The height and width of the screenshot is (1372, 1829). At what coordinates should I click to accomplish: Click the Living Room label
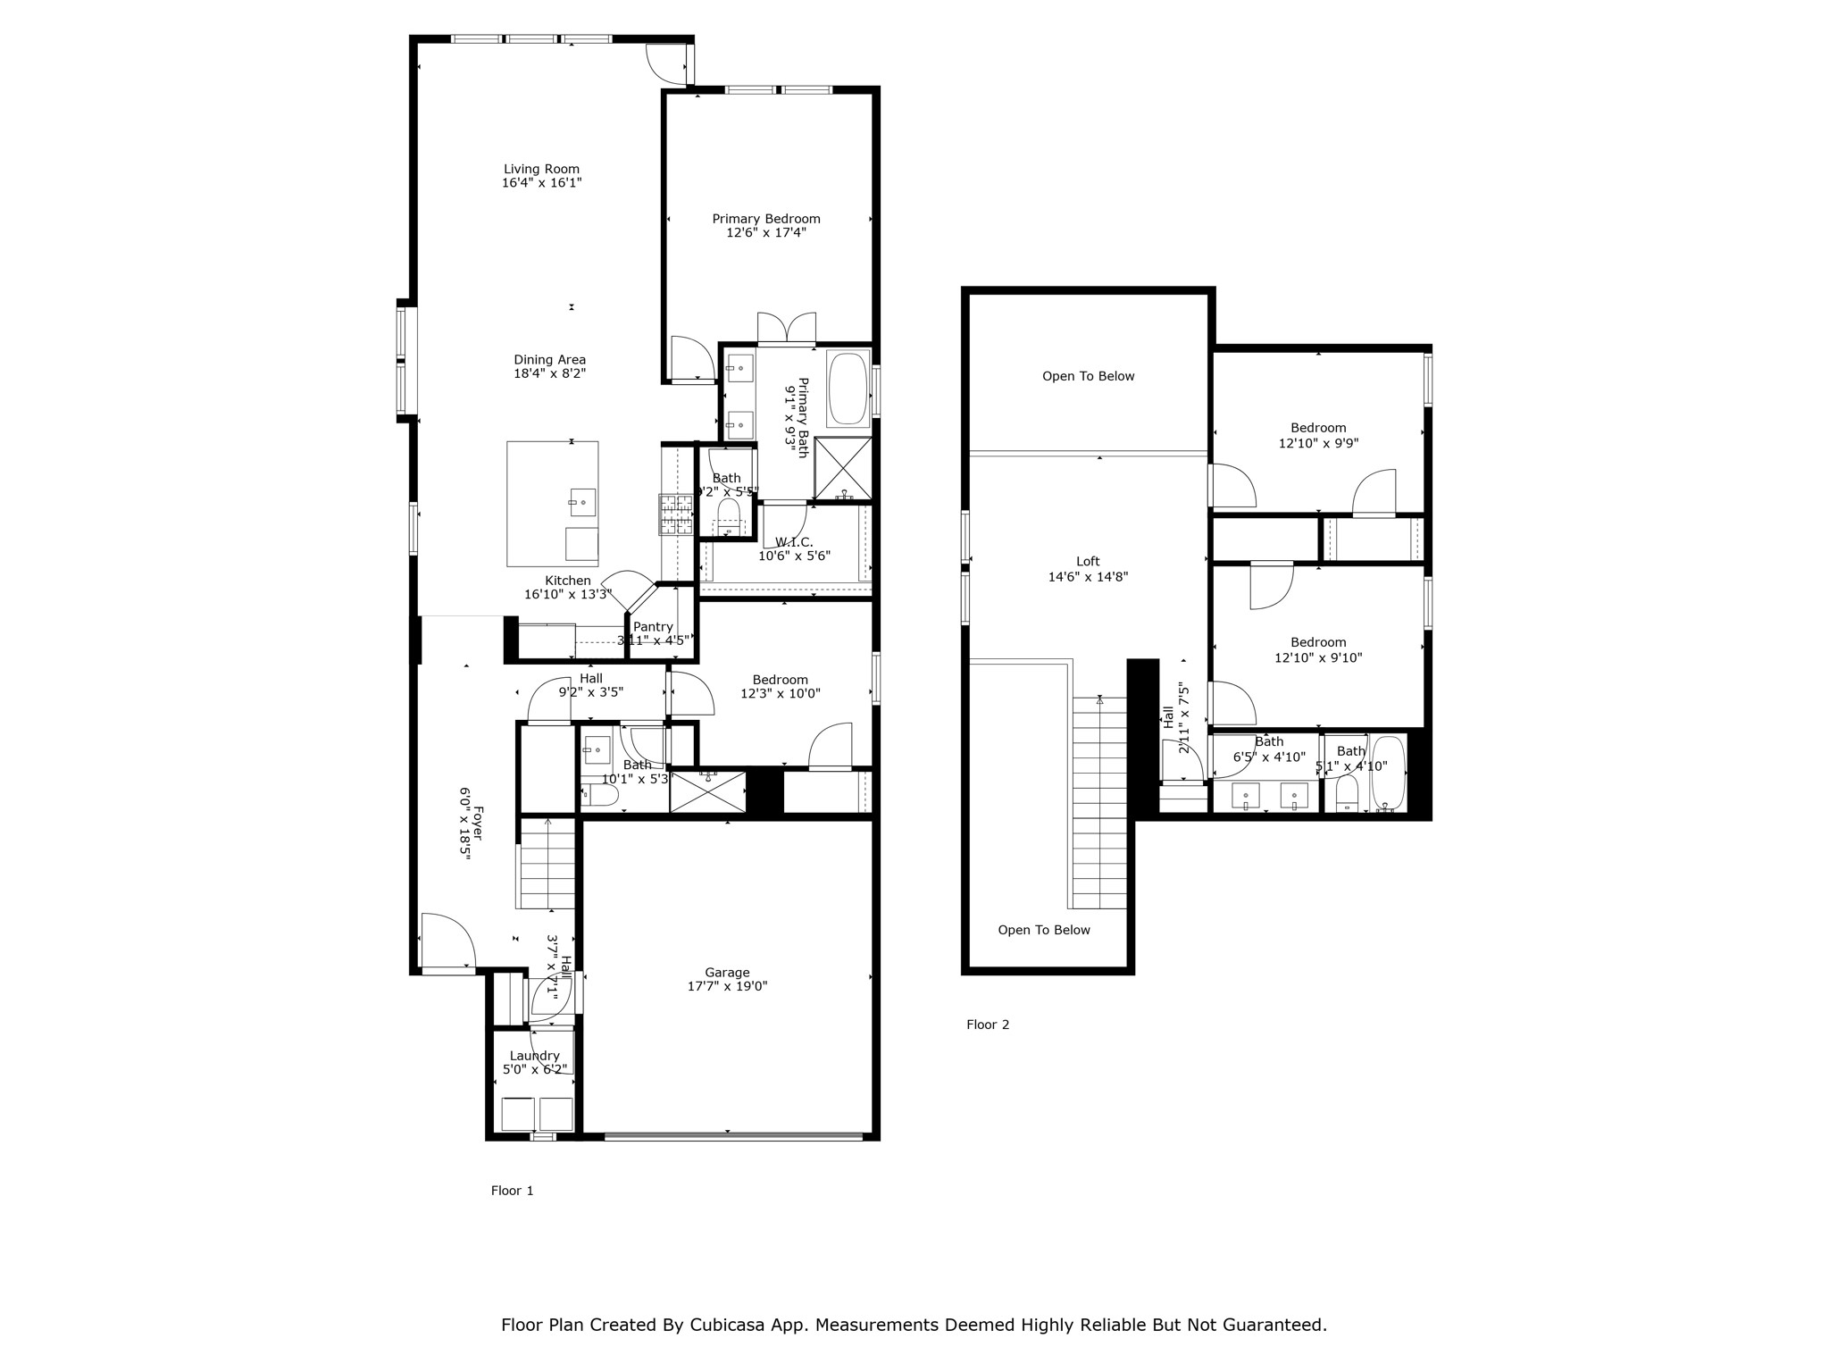point(541,169)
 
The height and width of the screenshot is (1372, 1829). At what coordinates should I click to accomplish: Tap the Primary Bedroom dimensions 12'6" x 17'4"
point(766,233)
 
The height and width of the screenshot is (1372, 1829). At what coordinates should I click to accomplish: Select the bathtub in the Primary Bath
point(848,389)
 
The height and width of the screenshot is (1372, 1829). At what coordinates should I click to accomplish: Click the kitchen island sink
point(582,502)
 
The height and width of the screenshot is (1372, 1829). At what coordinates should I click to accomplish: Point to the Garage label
point(727,973)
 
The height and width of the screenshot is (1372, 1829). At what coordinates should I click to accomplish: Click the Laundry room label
point(534,1056)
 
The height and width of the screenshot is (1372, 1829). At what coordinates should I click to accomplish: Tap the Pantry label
point(653,627)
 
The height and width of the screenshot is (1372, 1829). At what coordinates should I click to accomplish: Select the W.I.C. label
point(794,542)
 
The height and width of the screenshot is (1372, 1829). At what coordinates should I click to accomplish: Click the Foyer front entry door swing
point(447,938)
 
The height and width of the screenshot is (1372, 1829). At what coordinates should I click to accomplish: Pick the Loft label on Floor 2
point(1088,562)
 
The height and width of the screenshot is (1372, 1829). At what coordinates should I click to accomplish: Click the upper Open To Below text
point(1088,376)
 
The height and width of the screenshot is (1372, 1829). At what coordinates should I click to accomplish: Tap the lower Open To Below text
point(1044,930)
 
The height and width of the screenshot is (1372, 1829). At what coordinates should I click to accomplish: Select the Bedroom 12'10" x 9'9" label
point(1318,428)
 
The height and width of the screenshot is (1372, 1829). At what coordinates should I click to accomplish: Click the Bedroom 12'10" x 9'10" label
point(1318,642)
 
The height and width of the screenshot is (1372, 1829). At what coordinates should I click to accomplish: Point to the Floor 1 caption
point(512,1191)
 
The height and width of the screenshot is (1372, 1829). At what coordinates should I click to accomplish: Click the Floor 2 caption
point(988,1025)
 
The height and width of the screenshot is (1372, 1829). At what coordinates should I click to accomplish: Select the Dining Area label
point(549,360)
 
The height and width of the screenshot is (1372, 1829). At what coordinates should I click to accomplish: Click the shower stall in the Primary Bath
point(843,467)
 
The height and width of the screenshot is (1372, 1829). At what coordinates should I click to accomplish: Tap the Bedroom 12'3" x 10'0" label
point(780,680)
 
